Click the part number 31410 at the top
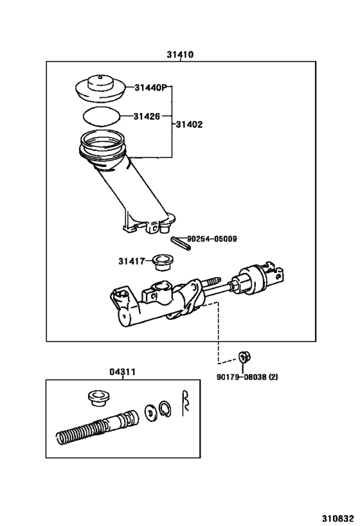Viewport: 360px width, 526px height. click(180, 55)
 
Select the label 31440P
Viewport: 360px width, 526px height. click(151, 88)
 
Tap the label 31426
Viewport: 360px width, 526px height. click(147, 116)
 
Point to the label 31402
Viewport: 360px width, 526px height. click(190, 125)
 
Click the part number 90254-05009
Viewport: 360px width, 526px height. click(212, 239)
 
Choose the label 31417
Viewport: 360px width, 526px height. click(131, 261)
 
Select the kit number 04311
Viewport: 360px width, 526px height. click(122, 371)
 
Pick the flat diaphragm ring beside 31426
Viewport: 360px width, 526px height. click(102, 117)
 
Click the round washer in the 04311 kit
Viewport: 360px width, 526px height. click(150, 412)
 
